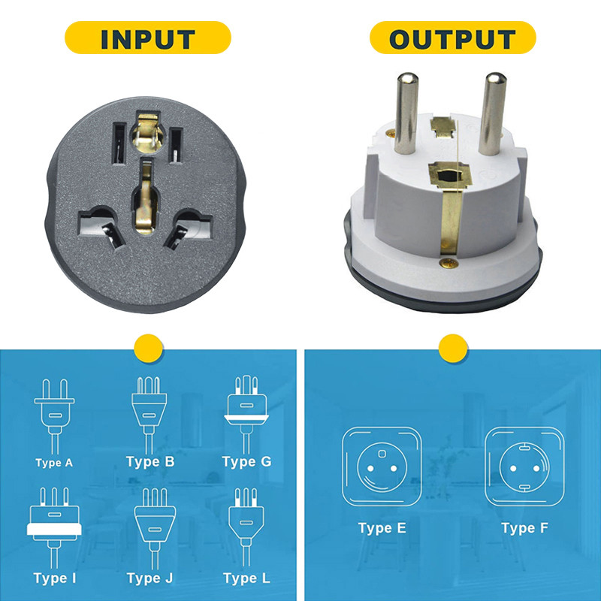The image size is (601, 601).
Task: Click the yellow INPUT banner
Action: [147, 38]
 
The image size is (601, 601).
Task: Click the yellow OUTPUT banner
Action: [452, 38]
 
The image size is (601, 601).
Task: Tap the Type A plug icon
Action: [54, 413]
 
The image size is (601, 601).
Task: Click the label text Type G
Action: [246, 461]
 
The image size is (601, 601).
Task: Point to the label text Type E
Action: [382, 528]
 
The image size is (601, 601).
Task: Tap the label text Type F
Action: [524, 528]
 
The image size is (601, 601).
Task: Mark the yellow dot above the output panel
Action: [452, 348]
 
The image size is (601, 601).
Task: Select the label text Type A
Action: [54, 463]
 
